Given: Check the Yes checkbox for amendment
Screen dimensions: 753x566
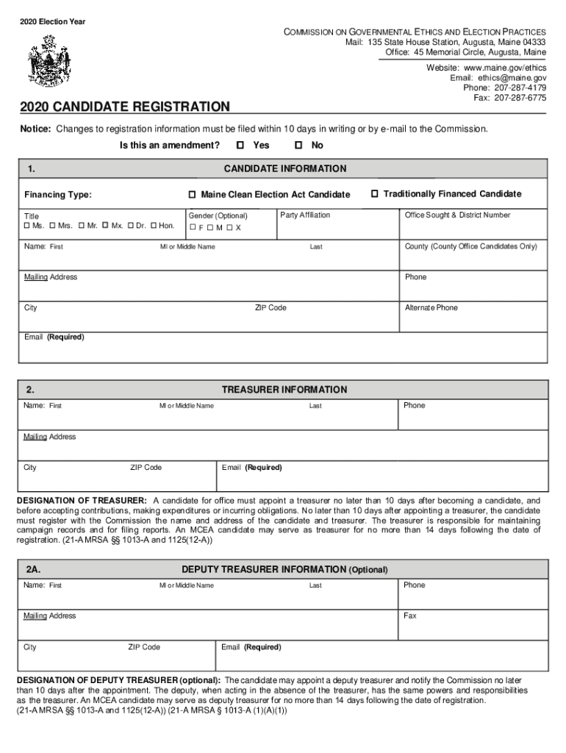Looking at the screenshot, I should [240, 146].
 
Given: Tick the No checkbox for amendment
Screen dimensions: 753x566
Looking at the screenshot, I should [299, 146].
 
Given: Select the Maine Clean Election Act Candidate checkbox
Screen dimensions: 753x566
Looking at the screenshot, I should [192, 195].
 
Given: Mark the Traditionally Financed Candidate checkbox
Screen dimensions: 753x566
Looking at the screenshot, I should [374, 194].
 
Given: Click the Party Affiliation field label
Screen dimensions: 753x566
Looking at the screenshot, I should [305, 215].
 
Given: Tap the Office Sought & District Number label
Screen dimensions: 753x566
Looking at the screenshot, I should [457, 215].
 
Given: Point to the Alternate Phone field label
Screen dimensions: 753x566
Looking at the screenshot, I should [431, 308].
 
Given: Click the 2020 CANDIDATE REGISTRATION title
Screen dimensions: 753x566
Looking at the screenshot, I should [125, 107].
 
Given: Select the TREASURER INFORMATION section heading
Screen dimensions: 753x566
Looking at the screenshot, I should [284, 390].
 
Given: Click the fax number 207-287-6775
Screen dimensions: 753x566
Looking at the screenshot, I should [520, 98].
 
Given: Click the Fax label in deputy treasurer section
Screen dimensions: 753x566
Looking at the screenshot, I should [410, 616].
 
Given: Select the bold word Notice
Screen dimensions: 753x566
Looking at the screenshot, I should [35, 129].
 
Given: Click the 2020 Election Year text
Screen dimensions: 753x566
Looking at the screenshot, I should [52, 22].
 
